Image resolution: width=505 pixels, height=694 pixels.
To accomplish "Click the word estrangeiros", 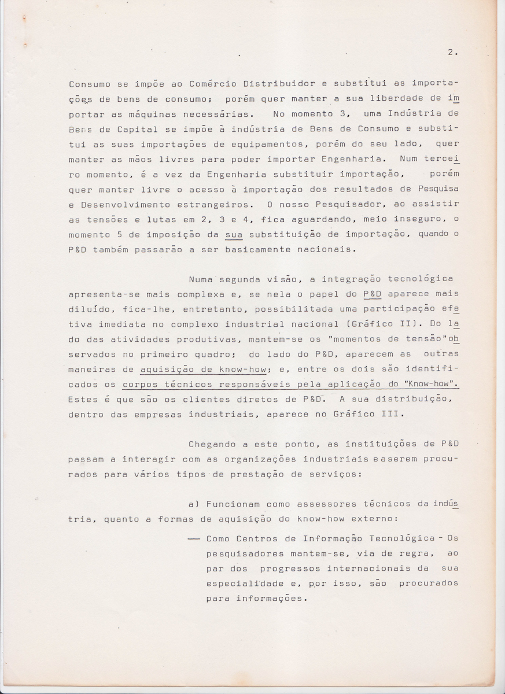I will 213,204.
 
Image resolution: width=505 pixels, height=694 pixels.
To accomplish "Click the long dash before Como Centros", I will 194,538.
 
